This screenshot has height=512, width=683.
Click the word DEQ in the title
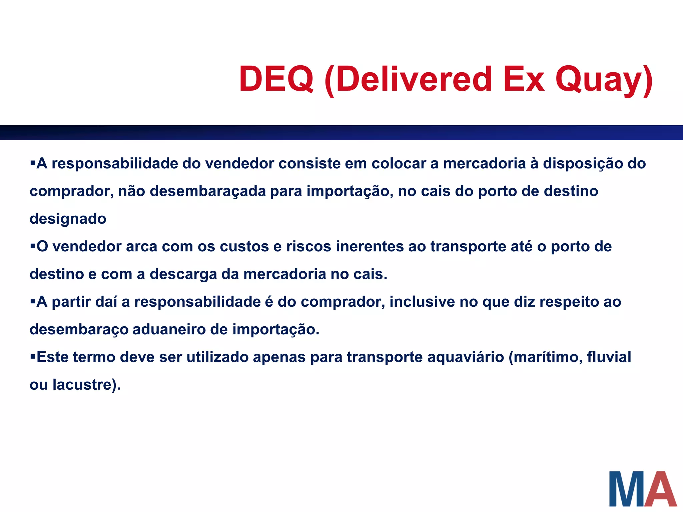click(276, 79)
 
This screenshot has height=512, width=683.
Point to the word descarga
click(183, 274)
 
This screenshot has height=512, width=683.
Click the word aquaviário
click(466, 357)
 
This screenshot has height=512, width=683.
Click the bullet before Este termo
click(33, 356)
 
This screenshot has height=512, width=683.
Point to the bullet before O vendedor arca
click(33, 246)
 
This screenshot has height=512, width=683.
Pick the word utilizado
click(217, 357)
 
